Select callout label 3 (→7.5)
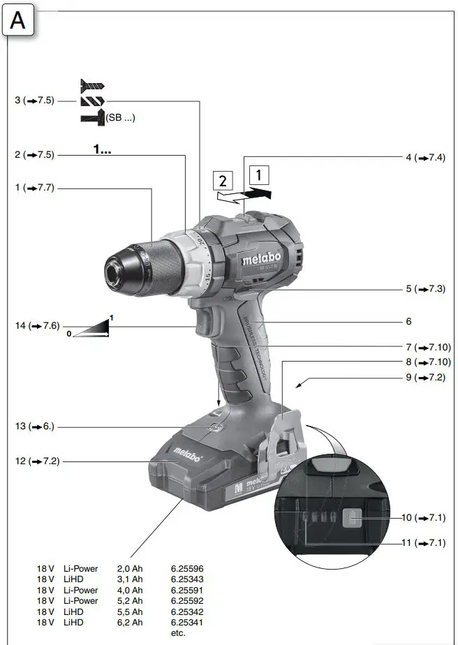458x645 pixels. pyautogui.click(x=34, y=101)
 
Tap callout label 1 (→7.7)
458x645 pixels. pyautogui.click(x=34, y=188)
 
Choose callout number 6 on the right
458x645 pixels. pyautogui.click(x=408, y=322)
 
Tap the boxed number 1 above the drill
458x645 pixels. pyautogui.click(x=258, y=173)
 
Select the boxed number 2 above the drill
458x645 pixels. pyautogui.click(x=223, y=181)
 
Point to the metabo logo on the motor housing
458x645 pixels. pyautogui.click(x=261, y=260)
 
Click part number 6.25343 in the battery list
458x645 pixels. pyautogui.click(x=186, y=579)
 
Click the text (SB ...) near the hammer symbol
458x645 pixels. pyautogui.click(x=121, y=118)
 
